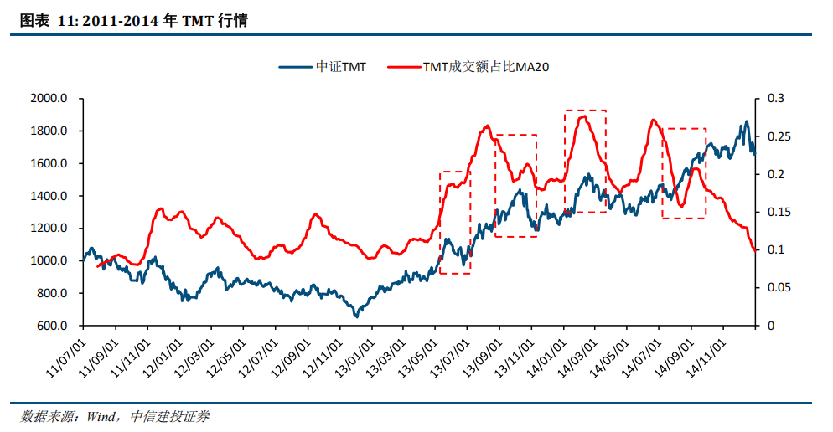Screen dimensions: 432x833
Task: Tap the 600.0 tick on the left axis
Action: pos(52,327)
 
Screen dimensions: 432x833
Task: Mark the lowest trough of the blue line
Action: pos(356,316)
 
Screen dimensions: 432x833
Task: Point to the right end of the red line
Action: pos(754,249)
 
